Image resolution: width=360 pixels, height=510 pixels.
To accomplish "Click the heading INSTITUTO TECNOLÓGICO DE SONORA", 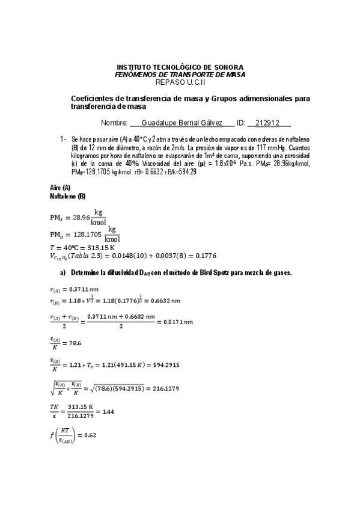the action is pos(180,67).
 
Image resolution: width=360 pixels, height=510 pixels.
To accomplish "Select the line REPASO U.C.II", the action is pos(180,82).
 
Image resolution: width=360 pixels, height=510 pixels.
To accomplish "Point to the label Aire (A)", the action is pos(60,188).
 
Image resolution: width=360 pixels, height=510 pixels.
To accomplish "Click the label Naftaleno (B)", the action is pos(67,196).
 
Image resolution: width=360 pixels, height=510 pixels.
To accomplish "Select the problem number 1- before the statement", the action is pos(63,139).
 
